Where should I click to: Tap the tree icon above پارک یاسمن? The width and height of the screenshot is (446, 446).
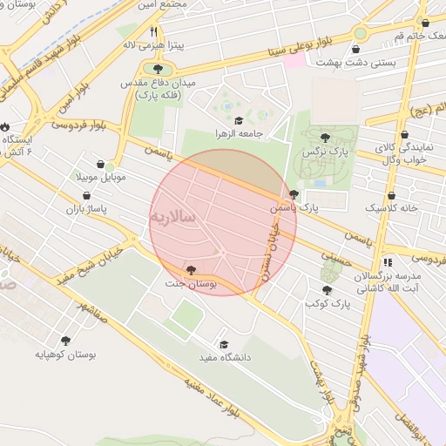(x=294, y=194)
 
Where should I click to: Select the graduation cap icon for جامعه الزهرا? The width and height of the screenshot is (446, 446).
(x=239, y=120)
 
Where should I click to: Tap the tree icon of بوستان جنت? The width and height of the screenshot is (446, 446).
(x=191, y=270)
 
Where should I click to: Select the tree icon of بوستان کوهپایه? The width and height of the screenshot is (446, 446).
(x=65, y=340)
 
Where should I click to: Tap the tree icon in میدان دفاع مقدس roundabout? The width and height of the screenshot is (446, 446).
(x=158, y=67)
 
